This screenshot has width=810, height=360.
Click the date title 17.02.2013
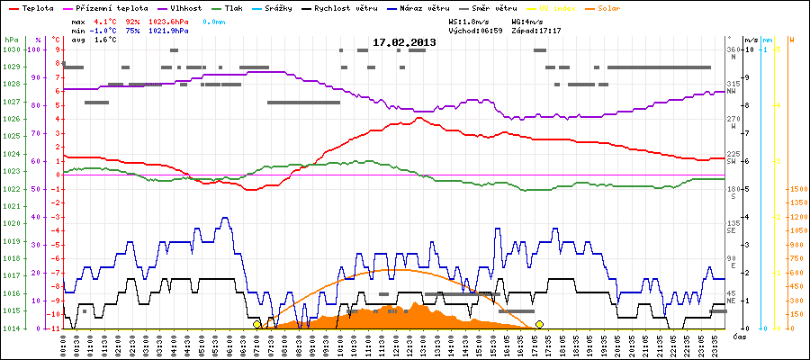[x=404, y=42]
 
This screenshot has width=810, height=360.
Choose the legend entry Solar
[x=622, y=7]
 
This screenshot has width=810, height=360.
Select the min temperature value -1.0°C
[x=104, y=30]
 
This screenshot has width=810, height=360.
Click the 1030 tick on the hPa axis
[x=11, y=49]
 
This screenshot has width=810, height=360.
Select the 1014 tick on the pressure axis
[x=11, y=328]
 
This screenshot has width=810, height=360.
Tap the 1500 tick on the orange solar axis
[x=796, y=189]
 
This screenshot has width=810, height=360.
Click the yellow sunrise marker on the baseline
[x=257, y=324]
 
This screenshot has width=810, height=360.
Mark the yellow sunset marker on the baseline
[x=539, y=324]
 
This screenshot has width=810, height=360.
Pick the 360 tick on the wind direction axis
[x=733, y=49]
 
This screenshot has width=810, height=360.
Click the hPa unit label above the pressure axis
[x=11, y=40]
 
